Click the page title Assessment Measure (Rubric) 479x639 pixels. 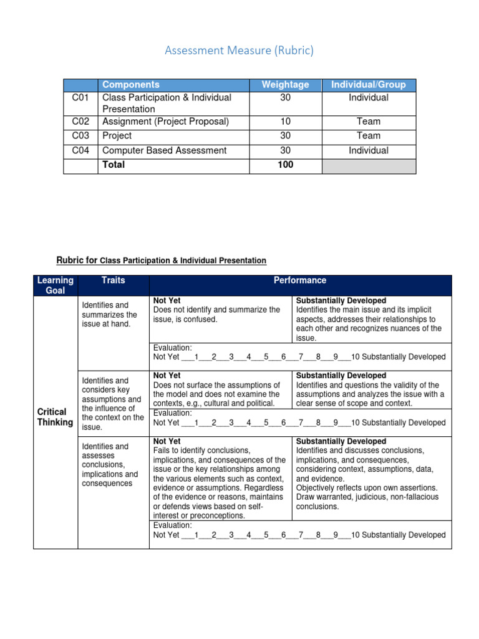pyautogui.click(x=239, y=51)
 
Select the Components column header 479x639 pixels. pyautogui.click(x=130, y=85)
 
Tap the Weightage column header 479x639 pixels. pyautogui.click(x=285, y=85)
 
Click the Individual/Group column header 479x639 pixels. pyautogui.click(x=368, y=85)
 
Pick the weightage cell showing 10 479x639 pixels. pyautogui.click(x=285, y=122)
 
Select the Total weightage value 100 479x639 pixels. pyautogui.click(x=285, y=165)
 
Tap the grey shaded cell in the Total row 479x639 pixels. pyautogui.click(x=368, y=165)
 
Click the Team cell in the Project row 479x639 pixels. pyautogui.click(x=368, y=136)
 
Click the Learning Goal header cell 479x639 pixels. pyautogui.click(x=56, y=285)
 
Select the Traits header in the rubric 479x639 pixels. pyautogui.click(x=113, y=281)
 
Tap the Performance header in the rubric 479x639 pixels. pyautogui.click(x=299, y=281)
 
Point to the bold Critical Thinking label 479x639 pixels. pyautogui.click(x=56, y=417)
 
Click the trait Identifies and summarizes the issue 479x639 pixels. pyautogui.click(x=109, y=315)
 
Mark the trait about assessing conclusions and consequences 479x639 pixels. pyautogui.click(x=110, y=465)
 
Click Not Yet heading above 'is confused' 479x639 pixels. pyautogui.click(x=167, y=301)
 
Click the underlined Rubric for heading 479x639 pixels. pyautogui.click(x=161, y=260)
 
